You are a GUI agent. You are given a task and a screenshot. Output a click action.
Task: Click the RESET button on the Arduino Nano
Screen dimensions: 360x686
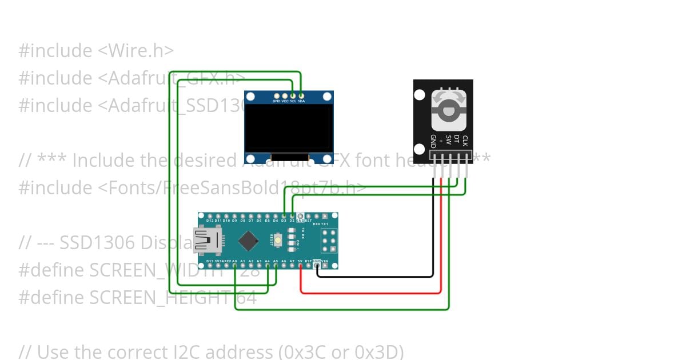(x=278, y=241)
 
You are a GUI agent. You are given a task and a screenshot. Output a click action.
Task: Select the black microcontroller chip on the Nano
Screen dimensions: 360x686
(x=248, y=241)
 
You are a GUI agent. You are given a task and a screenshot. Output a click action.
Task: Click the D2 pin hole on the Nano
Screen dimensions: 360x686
(x=292, y=216)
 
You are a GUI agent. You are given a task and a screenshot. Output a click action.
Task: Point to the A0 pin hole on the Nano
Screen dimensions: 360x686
(x=235, y=266)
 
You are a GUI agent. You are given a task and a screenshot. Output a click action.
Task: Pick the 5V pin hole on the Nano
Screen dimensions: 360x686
(x=300, y=266)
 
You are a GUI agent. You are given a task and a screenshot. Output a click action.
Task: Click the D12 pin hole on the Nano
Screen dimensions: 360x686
(x=210, y=216)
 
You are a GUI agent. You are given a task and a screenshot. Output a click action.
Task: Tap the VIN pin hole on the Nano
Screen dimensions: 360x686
(x=325, y=266)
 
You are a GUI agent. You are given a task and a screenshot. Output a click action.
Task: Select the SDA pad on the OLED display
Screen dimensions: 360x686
(x=301, y=95)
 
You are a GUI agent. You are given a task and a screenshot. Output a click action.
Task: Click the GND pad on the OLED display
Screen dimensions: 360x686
(x=277, y=95)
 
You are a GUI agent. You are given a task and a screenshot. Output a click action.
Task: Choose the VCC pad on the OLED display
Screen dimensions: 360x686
(x=285, y=95)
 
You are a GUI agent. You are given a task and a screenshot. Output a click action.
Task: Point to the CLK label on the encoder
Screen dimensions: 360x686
(x=465, y=141)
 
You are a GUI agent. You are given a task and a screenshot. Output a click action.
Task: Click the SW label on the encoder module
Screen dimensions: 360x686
(x=449, y=139)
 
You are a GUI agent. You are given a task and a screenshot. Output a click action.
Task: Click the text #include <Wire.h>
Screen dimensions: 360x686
(x=96, y=51)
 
